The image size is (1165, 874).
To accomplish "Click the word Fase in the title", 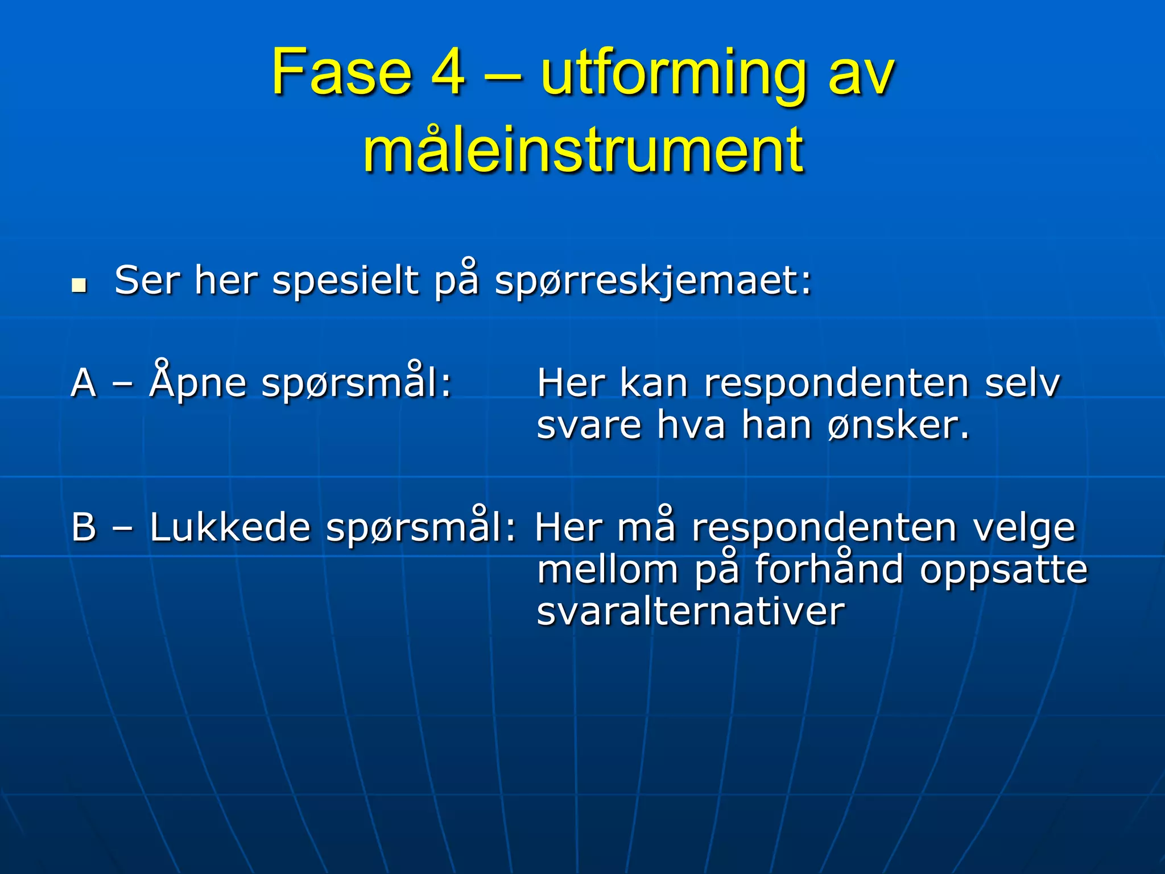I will point(341,73).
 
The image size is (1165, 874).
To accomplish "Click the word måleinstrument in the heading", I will point(584,150).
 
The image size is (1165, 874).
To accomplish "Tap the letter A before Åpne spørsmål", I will point(84,383).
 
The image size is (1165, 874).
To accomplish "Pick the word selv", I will point(1022,383).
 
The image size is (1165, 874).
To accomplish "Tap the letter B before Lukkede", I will point(84,527).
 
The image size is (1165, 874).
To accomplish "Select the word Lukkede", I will point(230,527).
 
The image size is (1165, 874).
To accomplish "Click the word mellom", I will point(608,569).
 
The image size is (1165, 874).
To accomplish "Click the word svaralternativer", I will point(691,611).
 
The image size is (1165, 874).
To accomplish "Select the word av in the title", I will point(861,75).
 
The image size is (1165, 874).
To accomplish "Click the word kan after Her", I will point(654,383).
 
